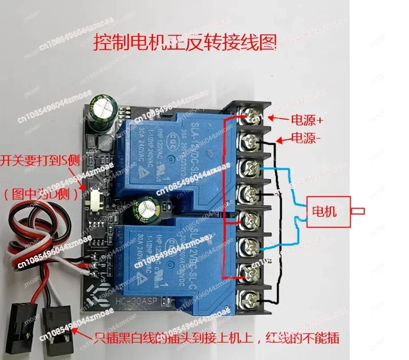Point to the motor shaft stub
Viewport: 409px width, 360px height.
click(x=359, y=211)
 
